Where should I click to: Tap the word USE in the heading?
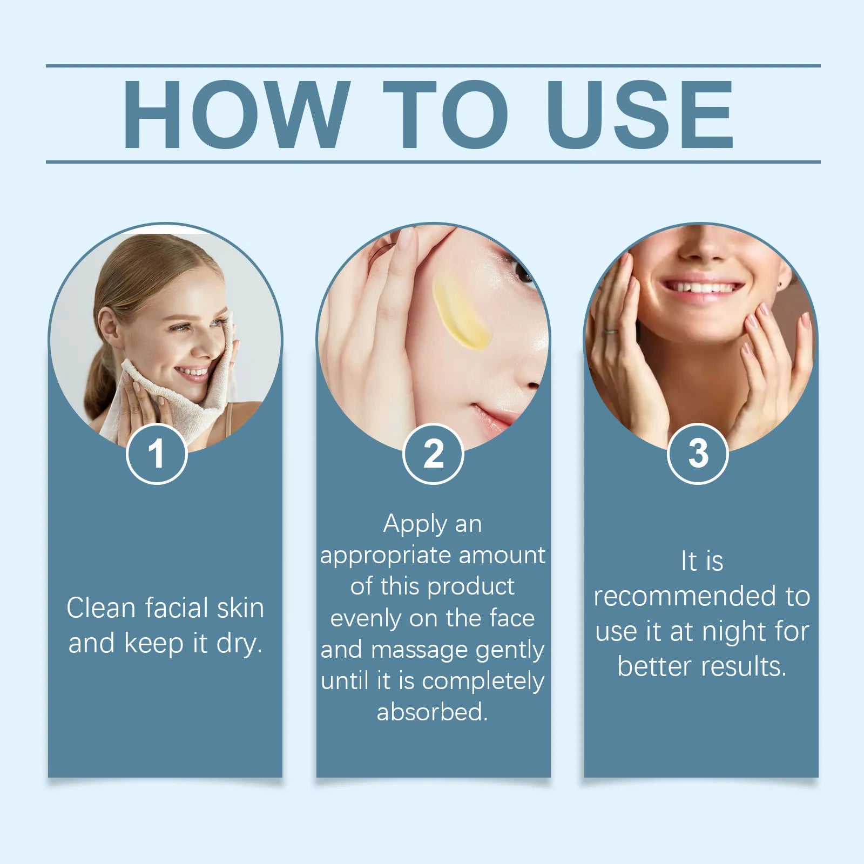pyautogui.click(x=639, y=114)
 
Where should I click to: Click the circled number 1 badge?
pyautogui.click(x=157, y=454)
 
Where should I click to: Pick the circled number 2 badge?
pyautogui.click(x=433, y=454)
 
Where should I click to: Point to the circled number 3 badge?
pyautogui.click(x=698, y=454)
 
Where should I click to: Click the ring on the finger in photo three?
pyautogui.click(x=611, y=331)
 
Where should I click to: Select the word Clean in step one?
pyautogui.click(x=101, y=608)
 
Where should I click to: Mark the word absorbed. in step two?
pyautogui.click(x=432, y=712)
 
